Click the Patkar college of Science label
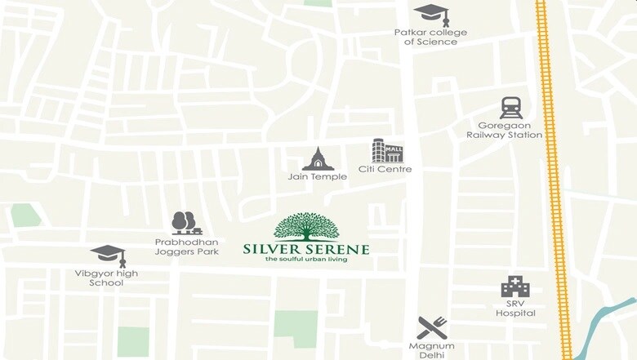[x=430, y=38]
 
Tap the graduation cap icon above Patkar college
[x=430, y=14]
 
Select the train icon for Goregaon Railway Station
[x=511, y=108]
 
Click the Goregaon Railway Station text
[x=505, y=130]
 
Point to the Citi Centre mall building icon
[x=387, y=151]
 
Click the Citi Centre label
[x=385, y=170]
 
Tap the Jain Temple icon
[x=318, y=159]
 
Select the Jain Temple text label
[x=318, y=176]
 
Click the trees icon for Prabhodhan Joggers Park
[x=186, y=223]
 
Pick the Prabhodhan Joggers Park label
[x=187, y=247]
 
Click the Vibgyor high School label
[x=108, y=278]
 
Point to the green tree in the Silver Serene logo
[x=306, y=226]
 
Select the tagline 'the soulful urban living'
[x=306, y=260]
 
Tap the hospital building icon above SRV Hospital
[x=515, y=287]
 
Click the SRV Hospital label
[x=515, y=308]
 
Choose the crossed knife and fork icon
[x=432, y=327]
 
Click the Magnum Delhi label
[x=432, y=351]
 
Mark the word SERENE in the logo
[x=339, y=249]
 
